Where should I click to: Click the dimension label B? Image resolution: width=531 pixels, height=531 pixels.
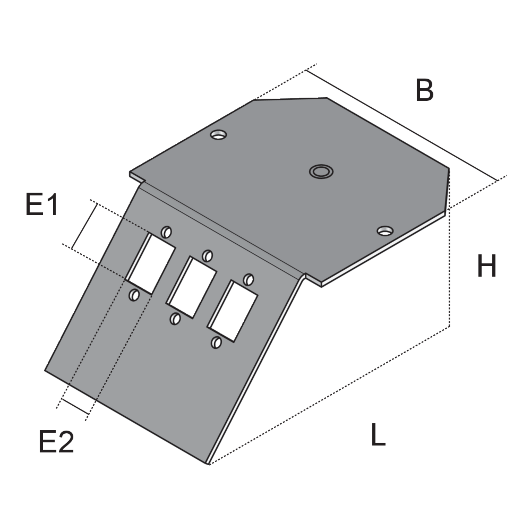point(424,90)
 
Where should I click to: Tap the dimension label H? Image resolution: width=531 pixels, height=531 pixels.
point(487,265)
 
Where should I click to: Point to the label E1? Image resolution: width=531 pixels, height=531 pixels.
point(42,204)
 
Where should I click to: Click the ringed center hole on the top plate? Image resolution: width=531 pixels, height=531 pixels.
point(321,172)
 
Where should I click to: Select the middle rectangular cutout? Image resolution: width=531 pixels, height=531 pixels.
point(191,287)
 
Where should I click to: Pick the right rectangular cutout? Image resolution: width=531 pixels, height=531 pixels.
point(232,311)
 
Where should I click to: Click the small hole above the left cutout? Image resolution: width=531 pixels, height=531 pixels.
point(166,232)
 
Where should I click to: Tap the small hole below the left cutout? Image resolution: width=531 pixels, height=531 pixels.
point(134,295)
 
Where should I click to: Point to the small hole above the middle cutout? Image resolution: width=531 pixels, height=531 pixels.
point(207,256)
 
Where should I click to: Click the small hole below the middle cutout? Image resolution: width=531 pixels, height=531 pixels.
point(175,319)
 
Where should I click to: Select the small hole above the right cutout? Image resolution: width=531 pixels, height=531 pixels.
point(249,280)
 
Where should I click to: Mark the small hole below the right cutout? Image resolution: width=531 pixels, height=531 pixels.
point(216,343)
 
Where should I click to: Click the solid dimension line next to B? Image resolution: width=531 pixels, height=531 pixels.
point(402,126)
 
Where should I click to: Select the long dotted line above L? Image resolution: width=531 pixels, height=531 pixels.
point(329,396)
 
